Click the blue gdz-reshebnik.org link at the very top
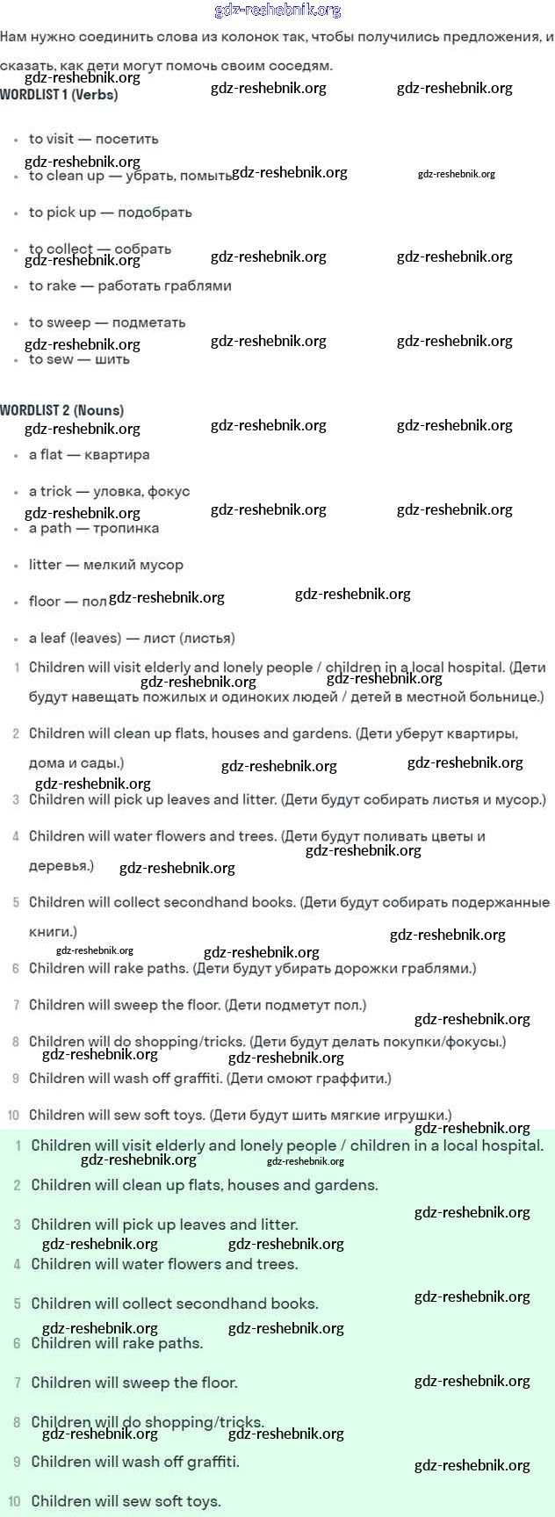pos(277,11)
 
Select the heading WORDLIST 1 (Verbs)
pos(59,95)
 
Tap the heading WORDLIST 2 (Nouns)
pos(61,410)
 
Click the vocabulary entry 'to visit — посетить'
pos(93,139)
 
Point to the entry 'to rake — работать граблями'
pos(130,285)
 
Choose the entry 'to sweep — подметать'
pos(107,322)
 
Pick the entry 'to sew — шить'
pos(79,359)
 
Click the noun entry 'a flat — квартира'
pos(89,455)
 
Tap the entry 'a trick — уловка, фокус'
pos(109,492)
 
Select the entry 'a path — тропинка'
pos(94,529)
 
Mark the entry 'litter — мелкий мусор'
pos(105,565)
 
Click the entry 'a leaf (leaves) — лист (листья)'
pos(132,639)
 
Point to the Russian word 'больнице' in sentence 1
pos(510,697)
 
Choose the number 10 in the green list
pos(14,1502)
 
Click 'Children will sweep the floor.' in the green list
pos(134,1383)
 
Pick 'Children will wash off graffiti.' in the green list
pos(135,1462)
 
